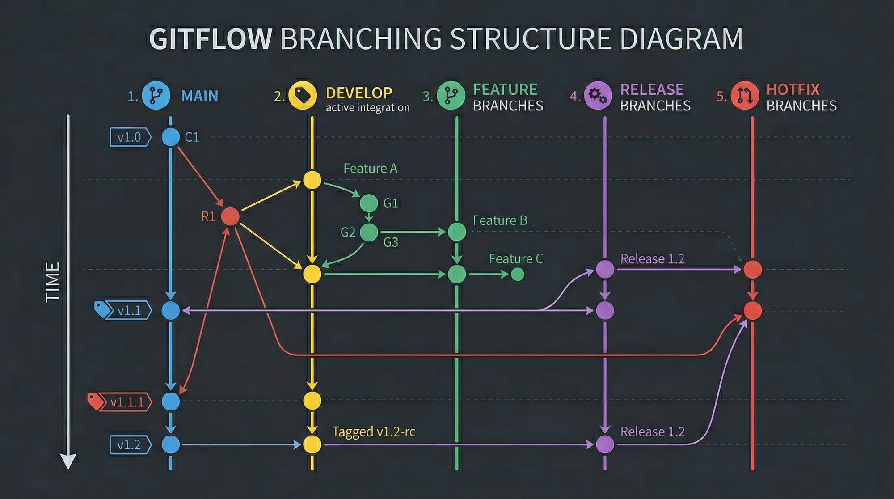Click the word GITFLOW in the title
click(210, 38)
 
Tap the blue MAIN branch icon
click(156, 96)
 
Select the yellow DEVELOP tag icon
click(303, 96)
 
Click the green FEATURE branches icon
click(451, 96)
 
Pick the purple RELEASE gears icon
click(598, 96)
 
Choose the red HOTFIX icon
click(745, 96)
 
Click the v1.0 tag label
click(129, 137)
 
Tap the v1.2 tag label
click(129, 445)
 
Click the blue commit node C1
click(170, 137)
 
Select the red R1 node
click(231, 216)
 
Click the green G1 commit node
click(369, 203)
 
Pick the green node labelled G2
click(369, 233)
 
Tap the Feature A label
click(370, 169)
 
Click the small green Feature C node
click(518, 274)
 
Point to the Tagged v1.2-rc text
click(374, 432)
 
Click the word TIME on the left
click(53, 282)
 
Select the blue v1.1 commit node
click(170, 310)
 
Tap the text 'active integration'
click(367, 108)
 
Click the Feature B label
click(500, 220)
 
